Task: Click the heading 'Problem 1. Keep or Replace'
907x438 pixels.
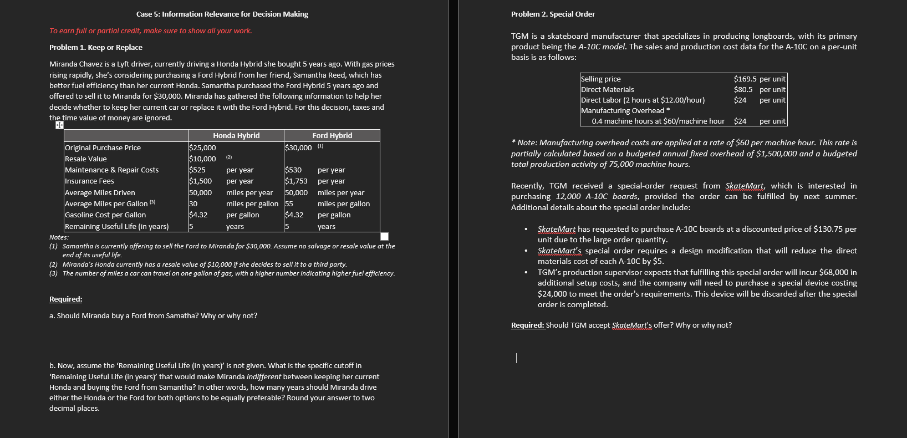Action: (x=95, y=48)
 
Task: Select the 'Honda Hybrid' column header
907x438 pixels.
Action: (x=236, y=136)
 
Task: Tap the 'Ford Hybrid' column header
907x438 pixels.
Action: (x=332, y=136)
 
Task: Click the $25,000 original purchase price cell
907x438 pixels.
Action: (x=202, y=148)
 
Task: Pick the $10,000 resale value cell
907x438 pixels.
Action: (x=202, y=159)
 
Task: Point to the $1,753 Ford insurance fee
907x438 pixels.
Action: (x=296, y=181)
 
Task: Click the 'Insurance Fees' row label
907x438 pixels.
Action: (x=89, y=181)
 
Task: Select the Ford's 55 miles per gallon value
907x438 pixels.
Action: (x=289, y=204)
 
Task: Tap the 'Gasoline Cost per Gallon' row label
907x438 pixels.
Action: (x=105, y=215)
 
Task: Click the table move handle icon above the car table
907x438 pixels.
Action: (x=59, y=125)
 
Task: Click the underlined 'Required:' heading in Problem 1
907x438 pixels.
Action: (x=65, y=299)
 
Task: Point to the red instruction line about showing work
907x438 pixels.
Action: (x=150, y=31)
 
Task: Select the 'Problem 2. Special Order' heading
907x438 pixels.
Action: (x=553, y=14)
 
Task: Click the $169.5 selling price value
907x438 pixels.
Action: (x=745, y=79)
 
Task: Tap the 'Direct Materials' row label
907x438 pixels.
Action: (x=607, y=90)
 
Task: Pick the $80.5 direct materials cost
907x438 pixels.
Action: (x=743, y=90)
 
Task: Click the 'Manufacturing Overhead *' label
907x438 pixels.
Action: (x=625, y=111)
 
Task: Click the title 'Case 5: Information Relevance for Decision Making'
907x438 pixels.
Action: (x=222, y=14)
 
